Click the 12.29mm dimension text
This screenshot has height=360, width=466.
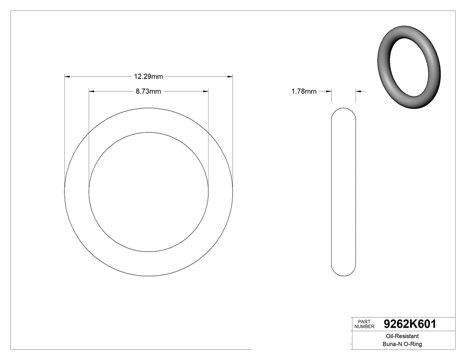pyautogui.click(x=149, y=77)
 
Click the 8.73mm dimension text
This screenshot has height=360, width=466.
pyautogui.click(x=148, y=91)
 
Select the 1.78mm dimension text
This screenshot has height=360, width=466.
pyautogui.click(x=304, y=91)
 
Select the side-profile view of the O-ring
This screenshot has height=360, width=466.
pyautogui.click(x=344, y=192)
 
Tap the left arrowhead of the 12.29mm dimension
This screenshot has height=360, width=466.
pyautogui.click(x=67, y=77)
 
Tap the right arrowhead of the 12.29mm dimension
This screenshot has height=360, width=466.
pyautogui.click(x=230, y=77)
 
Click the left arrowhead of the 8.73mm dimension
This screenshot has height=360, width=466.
pyautogui.click(x=92, y=91)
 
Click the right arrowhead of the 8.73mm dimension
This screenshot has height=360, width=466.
pyautogui.click(x=205, y=91)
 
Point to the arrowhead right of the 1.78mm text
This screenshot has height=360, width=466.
pyautogui.click(x=328, y=91)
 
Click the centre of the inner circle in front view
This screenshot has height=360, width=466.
pyautogui.click(x=149, y=192)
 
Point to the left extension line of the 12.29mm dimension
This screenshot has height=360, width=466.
pyautogui.click(x=65, y=133)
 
